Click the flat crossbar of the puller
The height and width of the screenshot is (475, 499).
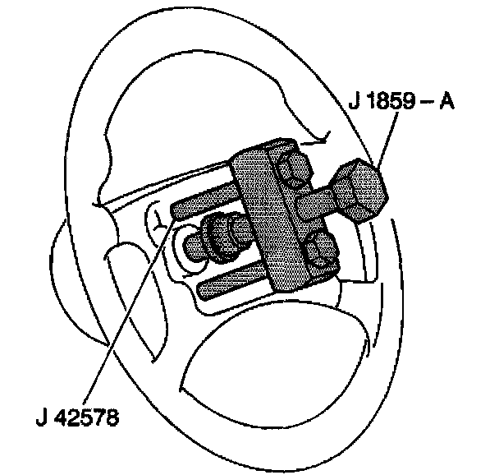(x=276, y=222)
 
